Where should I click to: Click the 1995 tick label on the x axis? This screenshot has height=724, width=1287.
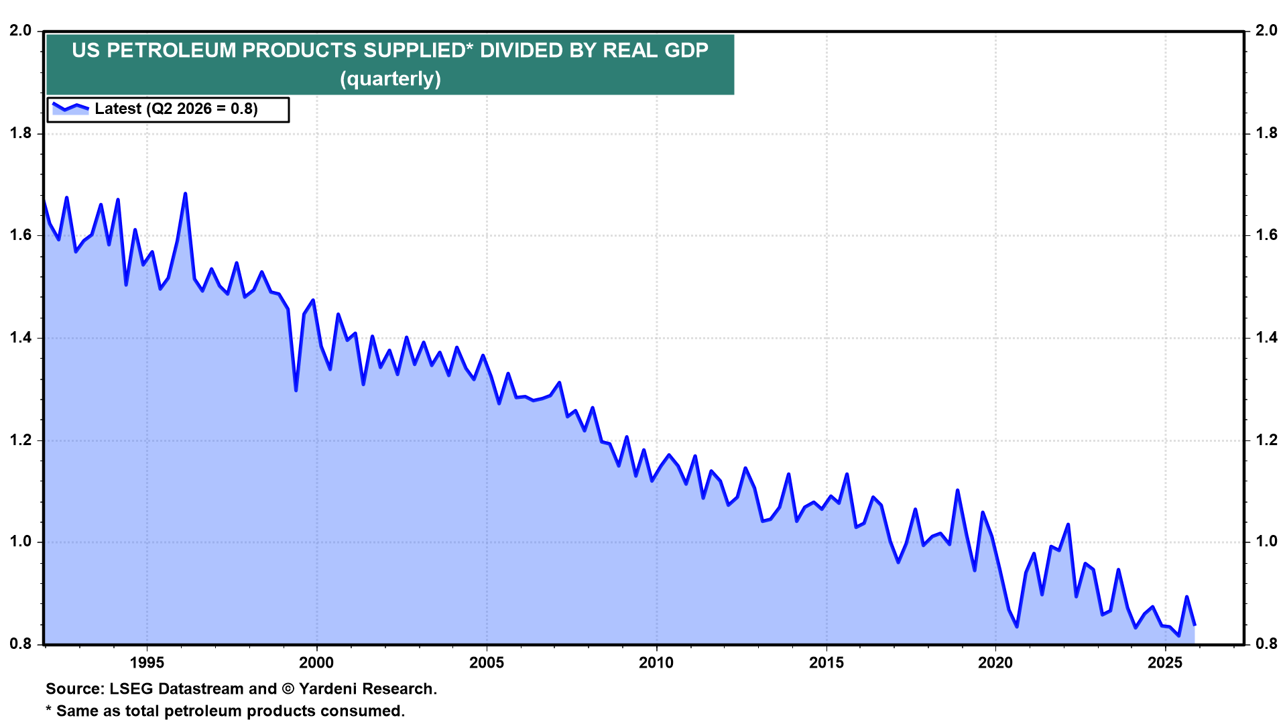click(x=147, y=663)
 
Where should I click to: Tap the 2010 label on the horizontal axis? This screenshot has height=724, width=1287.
click(x=656, y=663)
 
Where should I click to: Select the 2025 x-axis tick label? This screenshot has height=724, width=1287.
click(x=1165, y=663)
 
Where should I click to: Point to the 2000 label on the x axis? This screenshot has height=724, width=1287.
click(x=316, y=663)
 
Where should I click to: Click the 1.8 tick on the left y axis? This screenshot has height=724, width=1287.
click(x=20, y=133)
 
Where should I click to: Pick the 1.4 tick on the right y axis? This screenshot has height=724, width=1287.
click(x=1266, y=337)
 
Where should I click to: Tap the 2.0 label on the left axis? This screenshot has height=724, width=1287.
click(x=20, y=31)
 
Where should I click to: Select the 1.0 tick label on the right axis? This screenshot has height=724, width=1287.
click(x=1266, y=542)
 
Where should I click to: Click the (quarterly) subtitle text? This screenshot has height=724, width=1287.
click(x=390, y=79)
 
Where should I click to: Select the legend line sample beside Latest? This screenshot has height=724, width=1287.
click(x=70, y=108)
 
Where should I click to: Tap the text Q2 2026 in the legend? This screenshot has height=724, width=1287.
click(x=178, y=109)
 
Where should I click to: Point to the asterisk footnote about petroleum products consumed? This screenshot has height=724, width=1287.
click(x=225, y=711)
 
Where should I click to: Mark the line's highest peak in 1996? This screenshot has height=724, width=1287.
click(x=185, y=194)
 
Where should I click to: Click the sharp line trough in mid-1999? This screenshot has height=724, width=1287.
click(x=296, y=390)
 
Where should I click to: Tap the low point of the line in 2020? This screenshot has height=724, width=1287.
click(x=1017, y=626)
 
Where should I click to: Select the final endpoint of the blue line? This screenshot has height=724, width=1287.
click(x=1194, y=625)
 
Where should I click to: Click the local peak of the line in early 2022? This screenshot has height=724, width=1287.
click(x=1068, y=524)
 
